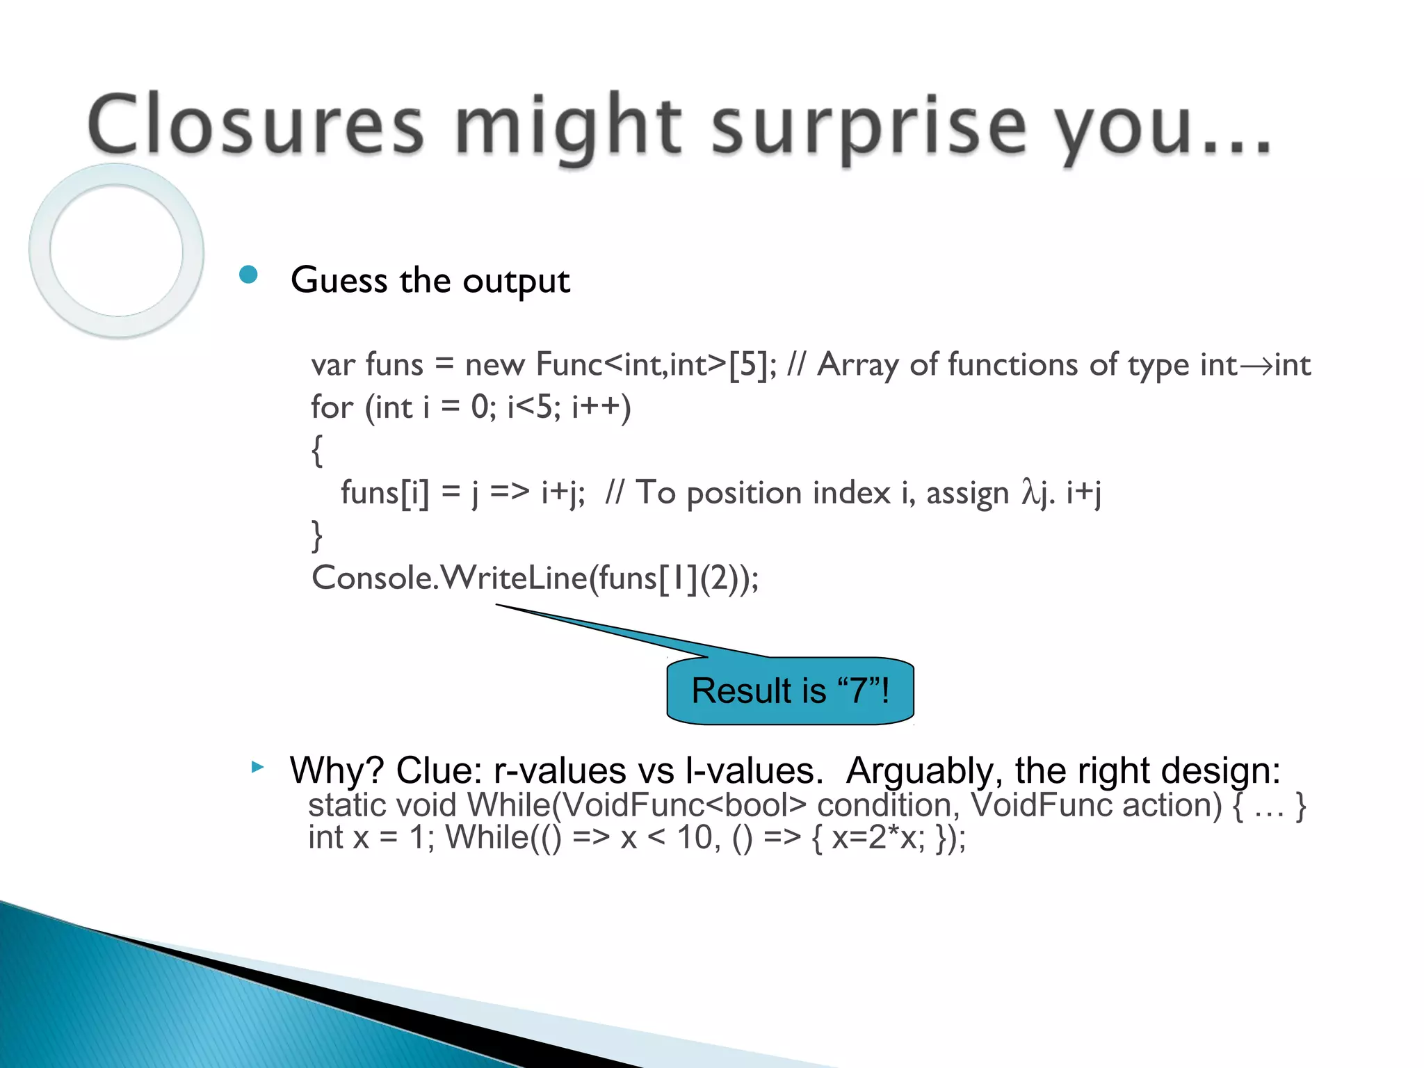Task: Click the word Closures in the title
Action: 255,125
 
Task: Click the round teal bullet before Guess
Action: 248,275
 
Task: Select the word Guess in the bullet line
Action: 339,281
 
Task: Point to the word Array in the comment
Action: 857,365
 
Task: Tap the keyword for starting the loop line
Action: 332,407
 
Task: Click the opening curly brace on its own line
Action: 316,451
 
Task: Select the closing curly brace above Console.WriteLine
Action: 316,536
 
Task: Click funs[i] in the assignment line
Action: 385,493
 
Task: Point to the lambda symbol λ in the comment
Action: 1030,492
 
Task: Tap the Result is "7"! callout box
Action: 790,690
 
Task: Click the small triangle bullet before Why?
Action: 257,768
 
